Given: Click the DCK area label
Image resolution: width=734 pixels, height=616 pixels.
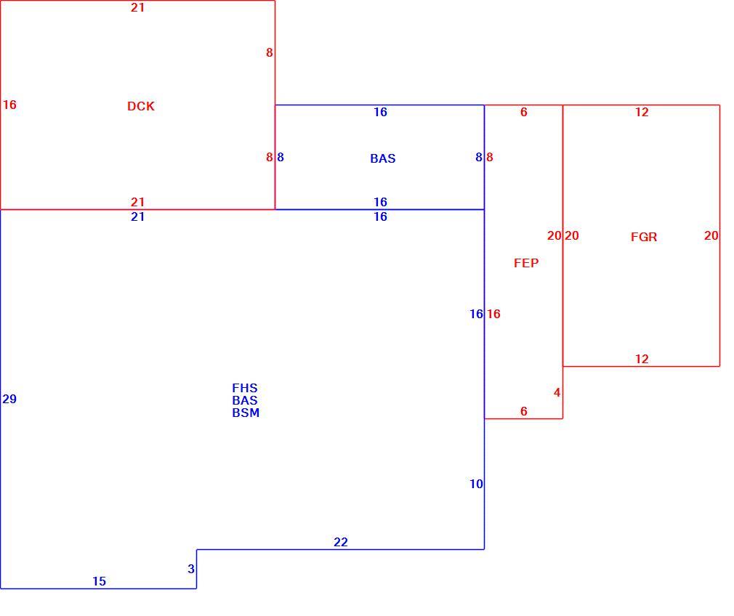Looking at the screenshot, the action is tap(141, 106).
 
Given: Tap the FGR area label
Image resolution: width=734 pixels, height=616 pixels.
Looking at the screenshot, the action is tap(644, 237).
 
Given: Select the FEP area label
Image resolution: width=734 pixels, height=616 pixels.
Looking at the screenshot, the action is tap(526, 263).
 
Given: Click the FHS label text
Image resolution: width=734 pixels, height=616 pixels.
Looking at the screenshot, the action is tap(245, 388).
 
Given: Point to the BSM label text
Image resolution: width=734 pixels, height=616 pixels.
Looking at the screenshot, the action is tap(246, 413).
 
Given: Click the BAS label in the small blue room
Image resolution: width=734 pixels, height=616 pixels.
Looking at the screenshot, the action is tap(383, 158).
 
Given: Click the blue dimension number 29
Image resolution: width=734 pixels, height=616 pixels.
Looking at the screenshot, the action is tap(9, 399).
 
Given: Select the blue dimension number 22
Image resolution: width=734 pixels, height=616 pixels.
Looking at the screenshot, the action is tap(341, 542).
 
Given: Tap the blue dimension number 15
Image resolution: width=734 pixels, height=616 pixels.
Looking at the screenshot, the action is tap(100, 581).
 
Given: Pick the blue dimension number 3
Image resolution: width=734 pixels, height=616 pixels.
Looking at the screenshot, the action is tap(191, 569).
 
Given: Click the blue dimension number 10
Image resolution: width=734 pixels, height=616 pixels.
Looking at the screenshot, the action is tap(476, 484).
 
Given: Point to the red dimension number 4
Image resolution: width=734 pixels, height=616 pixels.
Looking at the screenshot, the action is tap(557, 392).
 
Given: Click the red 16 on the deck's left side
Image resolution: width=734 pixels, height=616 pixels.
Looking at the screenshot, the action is tap(9, 105).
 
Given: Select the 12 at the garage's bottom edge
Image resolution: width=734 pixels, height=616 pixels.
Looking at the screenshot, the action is tap(642, 359).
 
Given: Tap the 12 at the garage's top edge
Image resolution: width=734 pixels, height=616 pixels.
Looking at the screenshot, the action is tap(642, 113).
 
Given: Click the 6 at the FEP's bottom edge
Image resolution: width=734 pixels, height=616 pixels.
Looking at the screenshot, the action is tap(524, 411).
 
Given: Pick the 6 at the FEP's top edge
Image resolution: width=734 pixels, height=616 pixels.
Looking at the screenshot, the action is tap(524, 113).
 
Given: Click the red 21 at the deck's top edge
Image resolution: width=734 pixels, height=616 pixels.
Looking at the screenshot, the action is tap(137, 7).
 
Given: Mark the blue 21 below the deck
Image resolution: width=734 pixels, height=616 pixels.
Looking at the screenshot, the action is tap(137, 216).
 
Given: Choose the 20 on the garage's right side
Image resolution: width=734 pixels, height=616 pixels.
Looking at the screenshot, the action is tap(711, 235).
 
